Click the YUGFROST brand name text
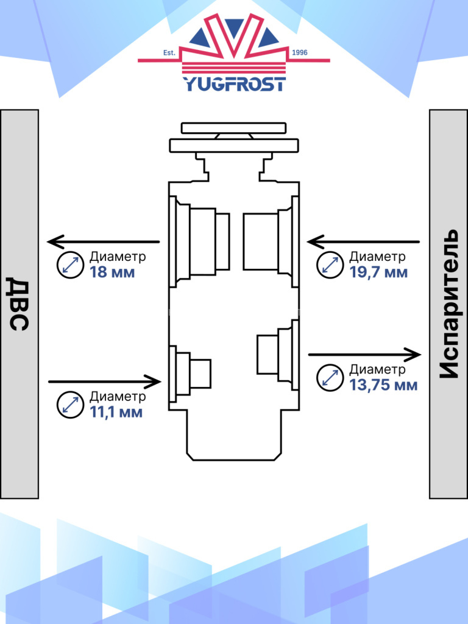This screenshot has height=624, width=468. point(234,83)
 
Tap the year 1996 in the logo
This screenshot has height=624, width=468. point(300,53)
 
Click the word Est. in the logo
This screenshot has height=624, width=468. point(169,53)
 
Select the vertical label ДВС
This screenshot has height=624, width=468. point(19,303)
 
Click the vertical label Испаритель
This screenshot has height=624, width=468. point(448,303)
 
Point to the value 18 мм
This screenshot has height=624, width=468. point(112,272)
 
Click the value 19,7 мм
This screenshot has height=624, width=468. point(378,272)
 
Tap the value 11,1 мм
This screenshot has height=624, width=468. point(116,412)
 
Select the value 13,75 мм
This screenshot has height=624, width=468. point(383,385)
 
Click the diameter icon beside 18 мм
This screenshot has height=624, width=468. point(69,265)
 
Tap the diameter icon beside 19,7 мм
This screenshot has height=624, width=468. point(330,265)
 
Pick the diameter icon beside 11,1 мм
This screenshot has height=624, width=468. point(69,405)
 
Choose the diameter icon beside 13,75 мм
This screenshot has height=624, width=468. point(330,378)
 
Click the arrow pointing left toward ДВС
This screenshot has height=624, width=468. point(104,242)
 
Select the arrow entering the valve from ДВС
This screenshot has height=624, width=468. point(104,382)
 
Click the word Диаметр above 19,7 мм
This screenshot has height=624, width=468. point(377,257)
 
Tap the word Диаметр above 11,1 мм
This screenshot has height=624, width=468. point(118,397)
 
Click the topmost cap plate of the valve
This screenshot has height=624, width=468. point(233,128)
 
